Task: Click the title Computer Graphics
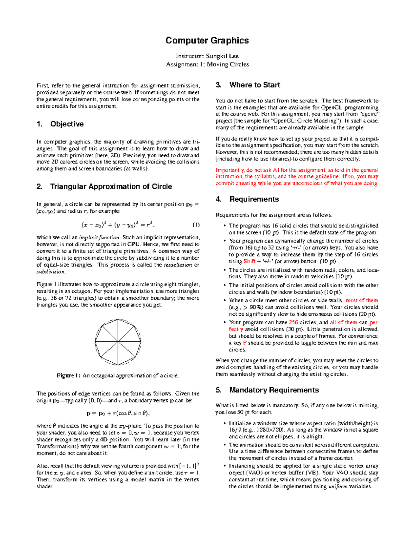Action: pyautogui.click(x=207, y=40)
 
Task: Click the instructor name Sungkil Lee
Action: pyautogui.click(x=222, y=56)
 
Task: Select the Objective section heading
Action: pyautogui.click(x=67, y=124)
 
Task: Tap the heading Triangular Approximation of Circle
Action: pyautogui.click(x=111, y=187)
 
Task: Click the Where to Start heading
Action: pyautogui.click(x=255, y=85)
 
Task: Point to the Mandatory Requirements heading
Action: pyautogui.click(x=274, y=390)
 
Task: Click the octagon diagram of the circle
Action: pyautogui.click(x=118, y=342)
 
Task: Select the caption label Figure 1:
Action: pyautogui.click(x=69, y=376)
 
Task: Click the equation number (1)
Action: pyautogui.click(x=196, y=225)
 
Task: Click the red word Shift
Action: pyautogui.click(x=249, y=261)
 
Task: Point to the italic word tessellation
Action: pyautogui.click(x=178, y=265)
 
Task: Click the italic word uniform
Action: pyautogui.click(x=338, y=487)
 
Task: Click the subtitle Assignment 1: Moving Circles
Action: pyautogui.click(x=207, y=64)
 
